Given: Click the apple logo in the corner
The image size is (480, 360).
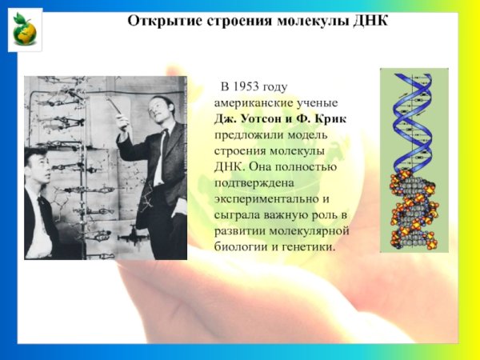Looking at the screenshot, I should (25, 30).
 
